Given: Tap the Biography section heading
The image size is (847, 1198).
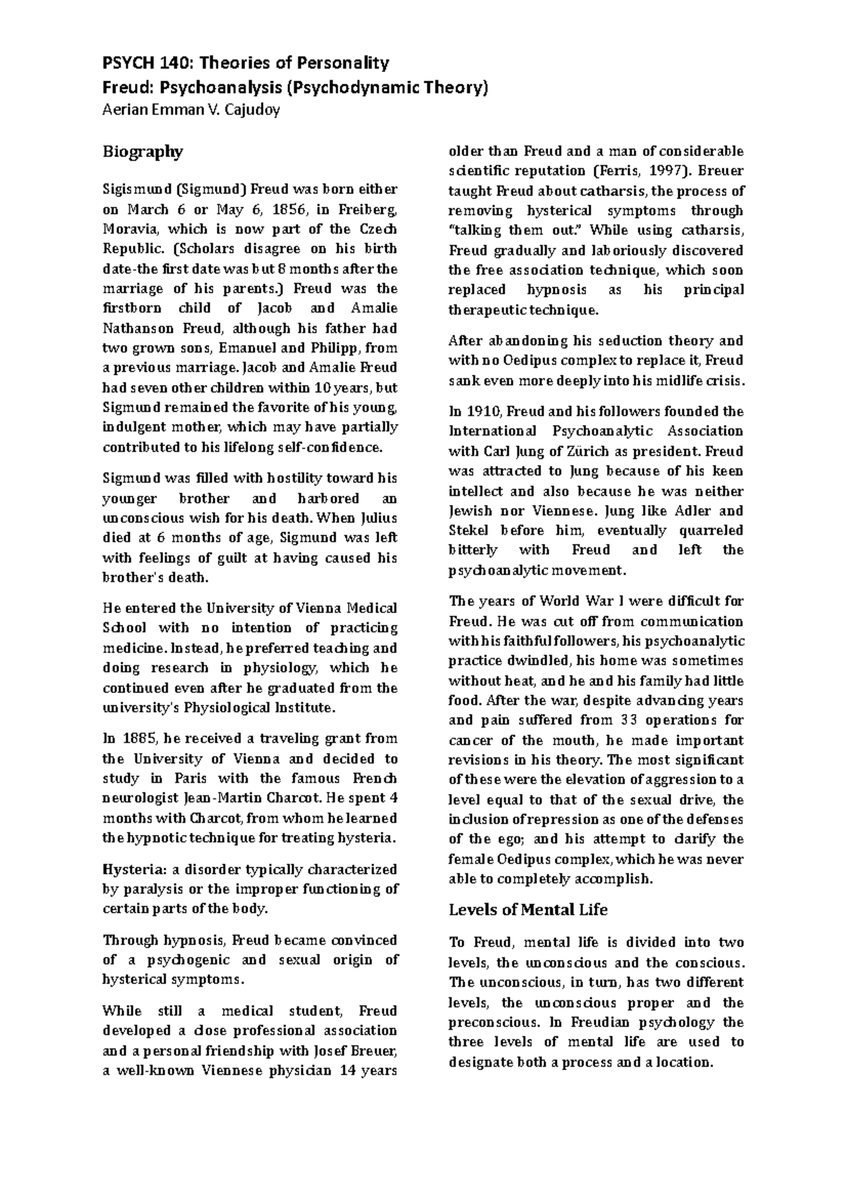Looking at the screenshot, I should [x=143, y=152].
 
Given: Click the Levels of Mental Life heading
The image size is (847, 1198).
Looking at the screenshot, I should [x=528, y=910].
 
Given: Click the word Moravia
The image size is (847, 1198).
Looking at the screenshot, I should [x=126, y=229].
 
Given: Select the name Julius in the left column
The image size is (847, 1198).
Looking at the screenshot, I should [x=379, y=518].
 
